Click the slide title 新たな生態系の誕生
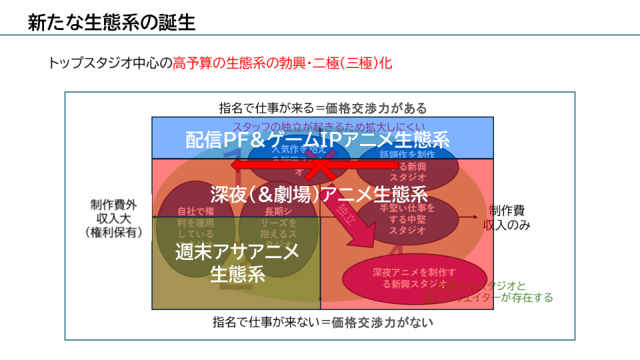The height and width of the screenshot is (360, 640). click(111, 22)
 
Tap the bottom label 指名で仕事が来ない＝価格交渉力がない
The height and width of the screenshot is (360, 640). click(323, 322)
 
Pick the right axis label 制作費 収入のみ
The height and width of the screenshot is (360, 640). click(508, 217)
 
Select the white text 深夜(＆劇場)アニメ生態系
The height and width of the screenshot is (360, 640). click(319, 194)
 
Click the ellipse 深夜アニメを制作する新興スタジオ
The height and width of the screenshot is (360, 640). click(414, 278)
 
